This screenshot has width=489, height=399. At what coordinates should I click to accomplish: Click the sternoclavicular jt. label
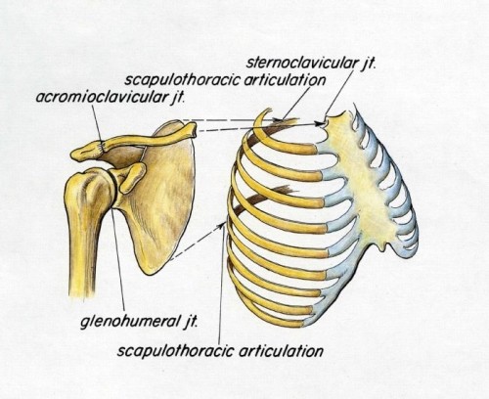(x=311, y=62)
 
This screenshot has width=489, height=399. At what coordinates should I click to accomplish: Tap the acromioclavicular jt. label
(x=111, y=97)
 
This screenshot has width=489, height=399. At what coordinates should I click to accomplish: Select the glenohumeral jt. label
(x=139, y=322)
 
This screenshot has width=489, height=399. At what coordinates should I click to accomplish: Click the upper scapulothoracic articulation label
(x=225, y=80)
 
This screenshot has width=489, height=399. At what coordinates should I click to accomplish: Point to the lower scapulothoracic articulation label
(x=220, y=351)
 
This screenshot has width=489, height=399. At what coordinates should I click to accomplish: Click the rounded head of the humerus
(x=90, y=189)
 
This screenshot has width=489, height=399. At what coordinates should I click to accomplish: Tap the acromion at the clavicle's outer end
(x=86, y=153)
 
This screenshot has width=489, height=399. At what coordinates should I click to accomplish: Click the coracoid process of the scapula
(x=132, y=177)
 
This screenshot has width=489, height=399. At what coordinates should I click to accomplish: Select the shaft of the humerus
(x=83, y=254)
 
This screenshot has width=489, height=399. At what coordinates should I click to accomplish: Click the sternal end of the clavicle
(x=192, y=128)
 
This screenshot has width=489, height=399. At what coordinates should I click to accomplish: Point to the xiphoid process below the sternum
(x=382, y=244)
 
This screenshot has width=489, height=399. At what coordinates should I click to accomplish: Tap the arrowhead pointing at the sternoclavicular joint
(x=321, y=123)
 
